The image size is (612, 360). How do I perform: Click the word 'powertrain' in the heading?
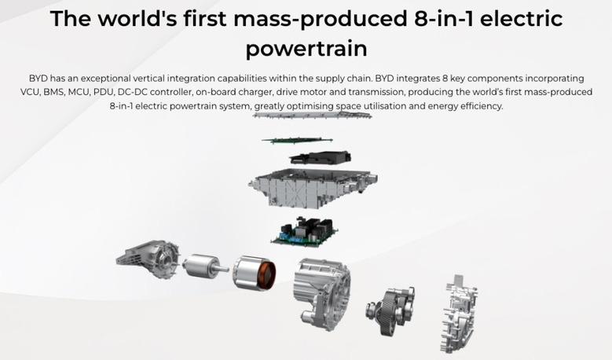pos(306,50)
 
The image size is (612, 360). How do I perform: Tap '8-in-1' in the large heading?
pos(443,19)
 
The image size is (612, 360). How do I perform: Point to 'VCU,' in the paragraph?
pos(30,92)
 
